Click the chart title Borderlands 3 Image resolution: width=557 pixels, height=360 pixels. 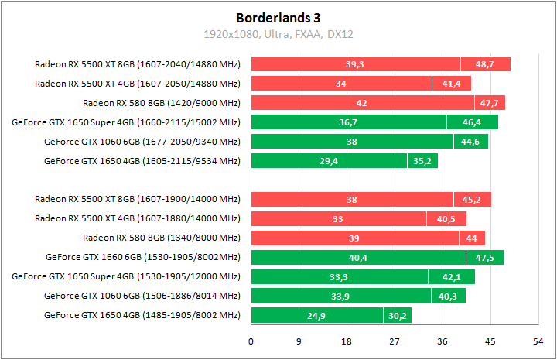click(278, 17)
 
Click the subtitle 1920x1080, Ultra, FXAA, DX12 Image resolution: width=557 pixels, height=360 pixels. click(278, 34)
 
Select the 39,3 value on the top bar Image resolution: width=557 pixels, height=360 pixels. click(355, 64)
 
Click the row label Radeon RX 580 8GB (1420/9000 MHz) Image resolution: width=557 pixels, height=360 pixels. click(162, 103)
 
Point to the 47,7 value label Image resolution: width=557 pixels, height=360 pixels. click(489, 103)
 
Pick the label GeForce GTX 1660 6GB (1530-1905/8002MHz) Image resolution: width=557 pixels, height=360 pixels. click(143, 257)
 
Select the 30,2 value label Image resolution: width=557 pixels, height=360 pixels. click(397, 315)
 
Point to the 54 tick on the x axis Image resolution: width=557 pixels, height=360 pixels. click(537, 341)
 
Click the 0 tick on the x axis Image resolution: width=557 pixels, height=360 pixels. click(251, 341)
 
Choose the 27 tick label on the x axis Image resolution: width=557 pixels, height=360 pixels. click(394, 341)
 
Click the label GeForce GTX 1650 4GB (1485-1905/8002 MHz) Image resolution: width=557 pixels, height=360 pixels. click(142, 315)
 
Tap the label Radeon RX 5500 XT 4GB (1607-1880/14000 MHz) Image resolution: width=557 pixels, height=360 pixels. click(138, 219)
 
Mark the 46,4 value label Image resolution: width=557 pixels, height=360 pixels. click(472, 122)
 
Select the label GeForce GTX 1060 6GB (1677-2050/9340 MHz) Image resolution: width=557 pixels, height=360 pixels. click(142, 142)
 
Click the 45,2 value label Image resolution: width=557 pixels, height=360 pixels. click(472, 200)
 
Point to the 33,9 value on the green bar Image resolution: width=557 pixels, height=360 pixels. click(340, 296)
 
